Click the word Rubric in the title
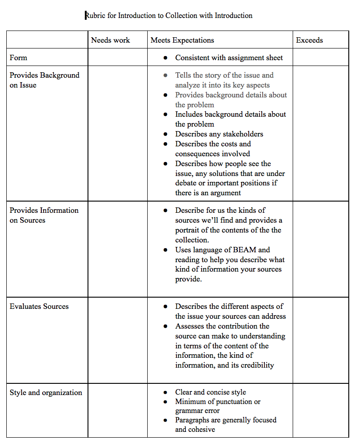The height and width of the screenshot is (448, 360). point(95,16)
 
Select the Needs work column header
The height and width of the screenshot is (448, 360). point(110,40)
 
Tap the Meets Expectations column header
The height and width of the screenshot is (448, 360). point(182,40)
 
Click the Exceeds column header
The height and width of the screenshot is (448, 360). point(309,40)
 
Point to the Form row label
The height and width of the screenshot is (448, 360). point(18,57)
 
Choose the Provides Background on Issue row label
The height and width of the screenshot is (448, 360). point(44,80)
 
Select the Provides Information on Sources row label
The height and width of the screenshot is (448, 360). point(44,215)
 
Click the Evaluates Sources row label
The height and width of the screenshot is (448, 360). point(39,306)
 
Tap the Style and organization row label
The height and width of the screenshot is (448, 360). point(46,392)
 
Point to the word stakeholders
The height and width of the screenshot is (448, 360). point(241,134)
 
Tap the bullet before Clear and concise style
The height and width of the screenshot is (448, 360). point(166,392)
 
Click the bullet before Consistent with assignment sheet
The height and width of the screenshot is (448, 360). point(166,58)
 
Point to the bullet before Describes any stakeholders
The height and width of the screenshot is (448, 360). point(166,134)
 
